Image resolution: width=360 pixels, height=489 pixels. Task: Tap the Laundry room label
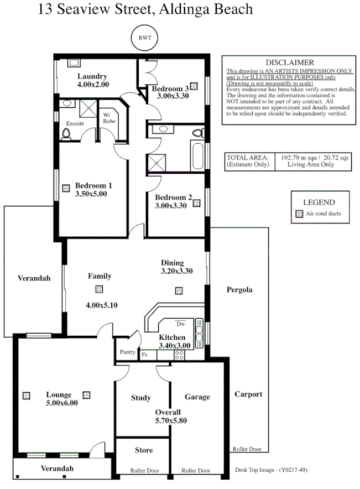click(92, 76)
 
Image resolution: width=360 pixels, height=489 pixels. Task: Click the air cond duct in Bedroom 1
click(66, 188)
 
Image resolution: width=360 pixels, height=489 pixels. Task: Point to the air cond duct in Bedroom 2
click(196, 203)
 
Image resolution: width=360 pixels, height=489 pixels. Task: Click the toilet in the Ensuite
click(66, 133)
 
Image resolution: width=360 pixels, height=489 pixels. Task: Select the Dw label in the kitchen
click(180, 323)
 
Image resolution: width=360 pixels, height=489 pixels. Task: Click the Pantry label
click(127, 352)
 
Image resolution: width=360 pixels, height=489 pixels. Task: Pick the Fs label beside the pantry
click(145, 355)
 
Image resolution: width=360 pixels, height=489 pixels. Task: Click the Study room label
click(141, 398)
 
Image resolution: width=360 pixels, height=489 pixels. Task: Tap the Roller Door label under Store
click(144, 471)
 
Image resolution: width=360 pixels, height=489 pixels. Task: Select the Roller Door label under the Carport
click(247, 449)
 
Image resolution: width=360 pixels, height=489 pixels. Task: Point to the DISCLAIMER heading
click(289, 63)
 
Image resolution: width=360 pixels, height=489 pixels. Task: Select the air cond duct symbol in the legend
click(299, 214)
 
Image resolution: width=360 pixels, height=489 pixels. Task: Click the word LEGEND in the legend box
click(319, 202)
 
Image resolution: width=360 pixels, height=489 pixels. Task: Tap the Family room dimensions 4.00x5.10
click(101, 305)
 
